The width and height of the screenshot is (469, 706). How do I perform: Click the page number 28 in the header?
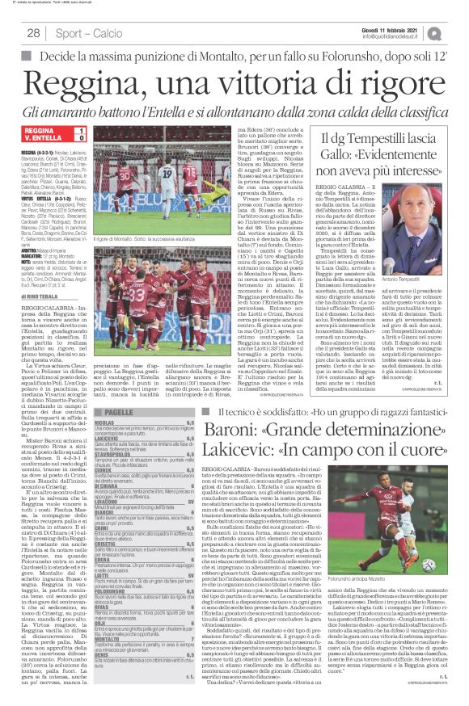pyautogui.click(x=35, y=33)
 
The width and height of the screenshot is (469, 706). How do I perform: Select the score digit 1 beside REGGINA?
pyautogui.click(x=81, y=129)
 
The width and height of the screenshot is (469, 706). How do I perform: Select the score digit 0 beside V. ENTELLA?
pyautogui.click(x=81, y=138)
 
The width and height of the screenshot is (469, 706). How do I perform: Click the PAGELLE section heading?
pyautogui.click(x=118, y=412)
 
